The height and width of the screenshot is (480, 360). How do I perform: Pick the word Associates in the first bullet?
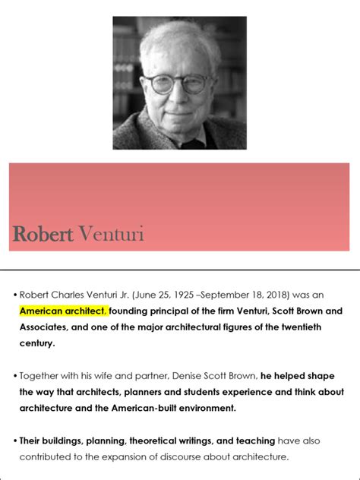coord(45,327)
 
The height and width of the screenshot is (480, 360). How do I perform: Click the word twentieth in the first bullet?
coord(308,327)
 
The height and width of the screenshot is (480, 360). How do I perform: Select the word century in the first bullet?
coord(37,344)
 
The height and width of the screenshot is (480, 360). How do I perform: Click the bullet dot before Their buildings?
coord(14,441)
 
